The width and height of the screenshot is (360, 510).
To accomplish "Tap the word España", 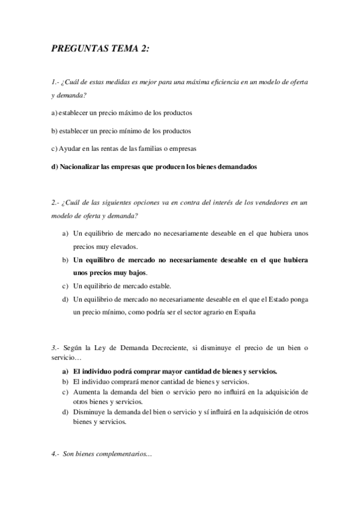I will pyautogui.click(x=243, y=312).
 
